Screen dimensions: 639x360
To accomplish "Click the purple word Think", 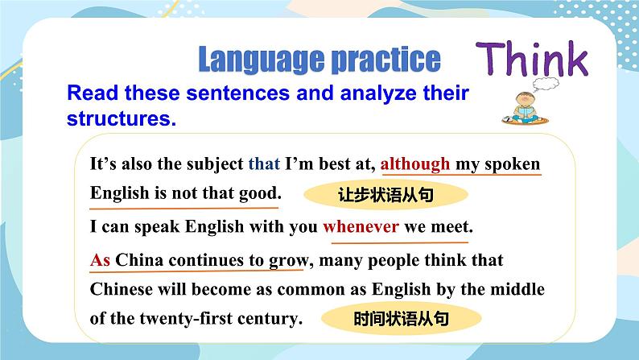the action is pyautogui.click(x=532, y=59).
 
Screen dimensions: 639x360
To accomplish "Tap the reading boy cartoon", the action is pyautogui.click(x=526, y=108).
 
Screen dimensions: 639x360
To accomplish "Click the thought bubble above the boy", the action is pyautogui.click(x=546, y=84).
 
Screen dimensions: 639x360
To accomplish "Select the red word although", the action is pyautogui.click(x=415, y=164).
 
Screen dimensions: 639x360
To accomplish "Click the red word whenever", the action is pyautogui.click(x=361, y=226).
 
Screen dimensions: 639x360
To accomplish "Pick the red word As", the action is pyautogui.click(x=100, y=260).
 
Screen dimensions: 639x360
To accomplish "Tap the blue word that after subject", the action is pyautogui.click(x=264, y=164).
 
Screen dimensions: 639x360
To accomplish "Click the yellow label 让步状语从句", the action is pyautogui.click(x=385, y=194).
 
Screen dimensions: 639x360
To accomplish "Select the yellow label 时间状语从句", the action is pyautogui.click(x=401, y=318).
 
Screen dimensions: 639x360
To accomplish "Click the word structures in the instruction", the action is pyautogui.click(x=122, y=118).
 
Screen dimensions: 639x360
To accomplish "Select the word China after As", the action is pyautogui.click(x=139, y=260).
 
